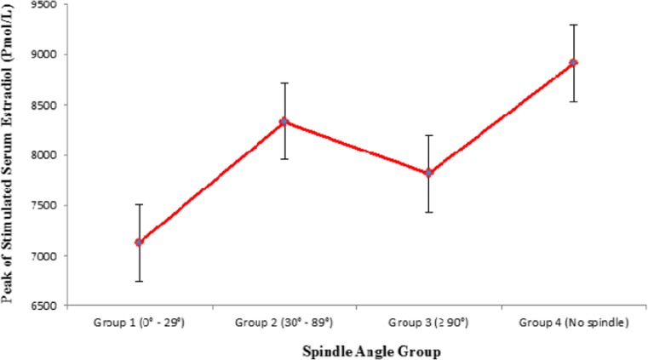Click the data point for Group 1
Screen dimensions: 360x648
(139, 243)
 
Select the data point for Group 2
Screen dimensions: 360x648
(284, 122)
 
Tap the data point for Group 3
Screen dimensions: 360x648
(429, 173)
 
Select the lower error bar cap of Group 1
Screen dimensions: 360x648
(139, 281)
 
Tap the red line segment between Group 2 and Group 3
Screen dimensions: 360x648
(357, 147)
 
